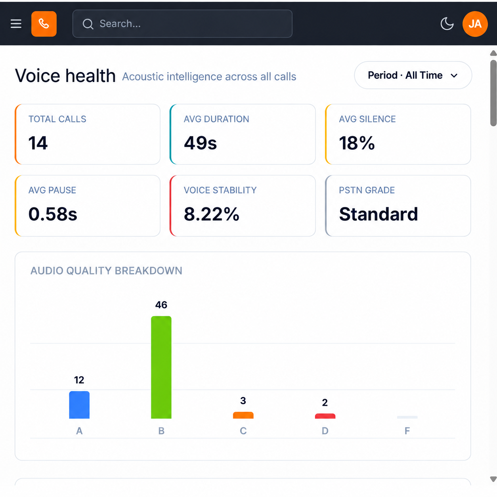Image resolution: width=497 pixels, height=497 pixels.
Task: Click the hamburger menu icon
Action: click(16, 24)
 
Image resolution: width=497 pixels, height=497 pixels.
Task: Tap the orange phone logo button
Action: click(44, 24)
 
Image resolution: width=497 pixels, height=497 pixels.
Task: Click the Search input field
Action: click(182, 24)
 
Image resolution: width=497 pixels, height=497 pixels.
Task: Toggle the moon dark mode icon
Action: click(447, 24)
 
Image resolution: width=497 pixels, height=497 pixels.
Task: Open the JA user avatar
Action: click(475, 24)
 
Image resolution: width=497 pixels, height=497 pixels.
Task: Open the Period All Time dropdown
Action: click(413, 75)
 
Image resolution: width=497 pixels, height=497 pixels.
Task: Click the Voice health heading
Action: click(65, 76)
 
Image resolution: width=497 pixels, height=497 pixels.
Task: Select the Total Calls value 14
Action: click(38, 143)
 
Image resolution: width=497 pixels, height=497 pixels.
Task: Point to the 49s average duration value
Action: click(201, 143)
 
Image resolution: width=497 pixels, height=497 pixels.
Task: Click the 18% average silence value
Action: click(357, 143)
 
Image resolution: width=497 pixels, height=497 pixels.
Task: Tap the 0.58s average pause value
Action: click(53, 214)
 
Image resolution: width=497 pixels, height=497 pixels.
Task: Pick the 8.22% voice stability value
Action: click(212, 214)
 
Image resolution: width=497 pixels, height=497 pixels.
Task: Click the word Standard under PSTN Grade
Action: click(378, 214)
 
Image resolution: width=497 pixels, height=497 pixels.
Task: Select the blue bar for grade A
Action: click(79, 405)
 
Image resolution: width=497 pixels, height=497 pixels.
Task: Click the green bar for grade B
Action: click(161, 367)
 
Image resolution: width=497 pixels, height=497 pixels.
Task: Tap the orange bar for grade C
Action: click(243, 415)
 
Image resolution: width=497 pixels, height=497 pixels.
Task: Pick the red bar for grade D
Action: click(325, 416)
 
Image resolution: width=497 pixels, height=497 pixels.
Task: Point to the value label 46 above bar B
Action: click(161, 305)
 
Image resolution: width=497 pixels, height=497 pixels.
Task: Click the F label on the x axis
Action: click(407, 431)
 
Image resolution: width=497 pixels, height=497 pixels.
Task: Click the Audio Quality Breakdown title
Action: click(106, 271)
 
